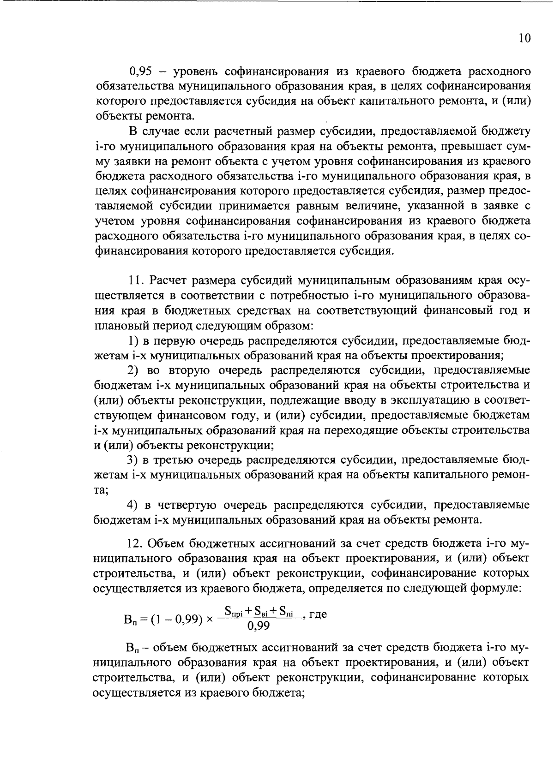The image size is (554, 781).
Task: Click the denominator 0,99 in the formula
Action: [x=259, y=626]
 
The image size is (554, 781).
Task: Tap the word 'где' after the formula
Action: [x=318, y=615]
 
